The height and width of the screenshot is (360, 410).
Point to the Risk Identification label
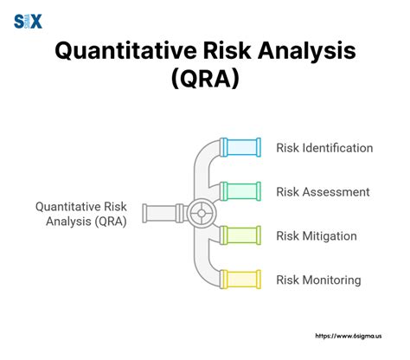click(x=324, y=148)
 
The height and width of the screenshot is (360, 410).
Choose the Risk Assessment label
click(x=323, y=191)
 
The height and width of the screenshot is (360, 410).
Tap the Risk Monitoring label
click(x=318, y=280)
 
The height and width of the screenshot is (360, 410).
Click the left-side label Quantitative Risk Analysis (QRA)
click(x=80, y=214)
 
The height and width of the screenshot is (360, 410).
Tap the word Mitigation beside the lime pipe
click(x=334, y=235)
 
